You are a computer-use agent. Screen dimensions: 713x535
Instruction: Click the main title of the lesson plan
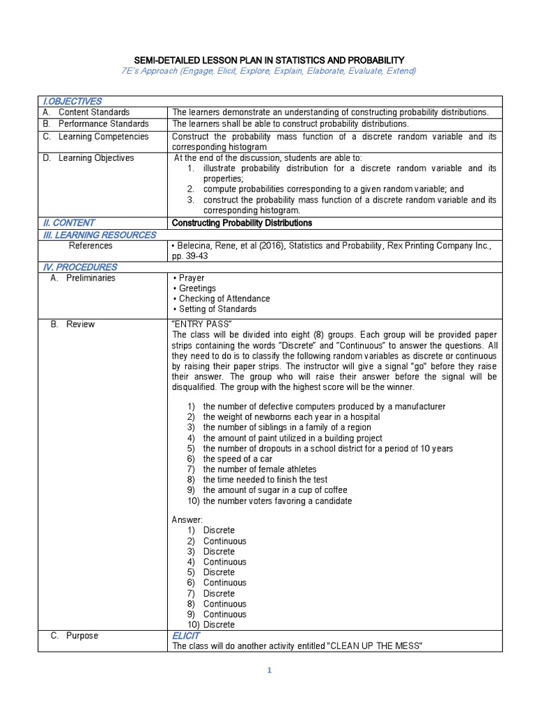(x=268, y=61)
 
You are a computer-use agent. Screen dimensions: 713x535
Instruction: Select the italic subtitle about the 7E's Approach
(x=268, y=71)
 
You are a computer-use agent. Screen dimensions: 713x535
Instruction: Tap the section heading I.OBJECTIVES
(x=72, y=102)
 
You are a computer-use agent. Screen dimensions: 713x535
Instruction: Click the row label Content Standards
(x=93, y=112)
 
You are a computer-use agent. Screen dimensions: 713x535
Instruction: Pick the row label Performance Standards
(x=102, y=123)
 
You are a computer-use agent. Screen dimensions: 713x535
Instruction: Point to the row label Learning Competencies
(x=103, y=136)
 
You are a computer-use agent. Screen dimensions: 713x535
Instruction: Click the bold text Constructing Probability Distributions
(x=242, y=223)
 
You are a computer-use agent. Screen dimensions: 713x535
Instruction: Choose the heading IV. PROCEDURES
(x=79, y=267)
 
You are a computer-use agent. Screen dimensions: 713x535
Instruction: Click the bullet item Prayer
(x=189, y=278)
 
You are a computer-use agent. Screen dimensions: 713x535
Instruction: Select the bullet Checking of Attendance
(x=221, y=299)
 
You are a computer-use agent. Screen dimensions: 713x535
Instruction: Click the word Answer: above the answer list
(x=187, y=519)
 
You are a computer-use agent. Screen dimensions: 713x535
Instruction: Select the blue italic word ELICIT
(x=186, y=636)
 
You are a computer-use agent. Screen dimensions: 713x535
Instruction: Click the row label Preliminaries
(x=91, y=278)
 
